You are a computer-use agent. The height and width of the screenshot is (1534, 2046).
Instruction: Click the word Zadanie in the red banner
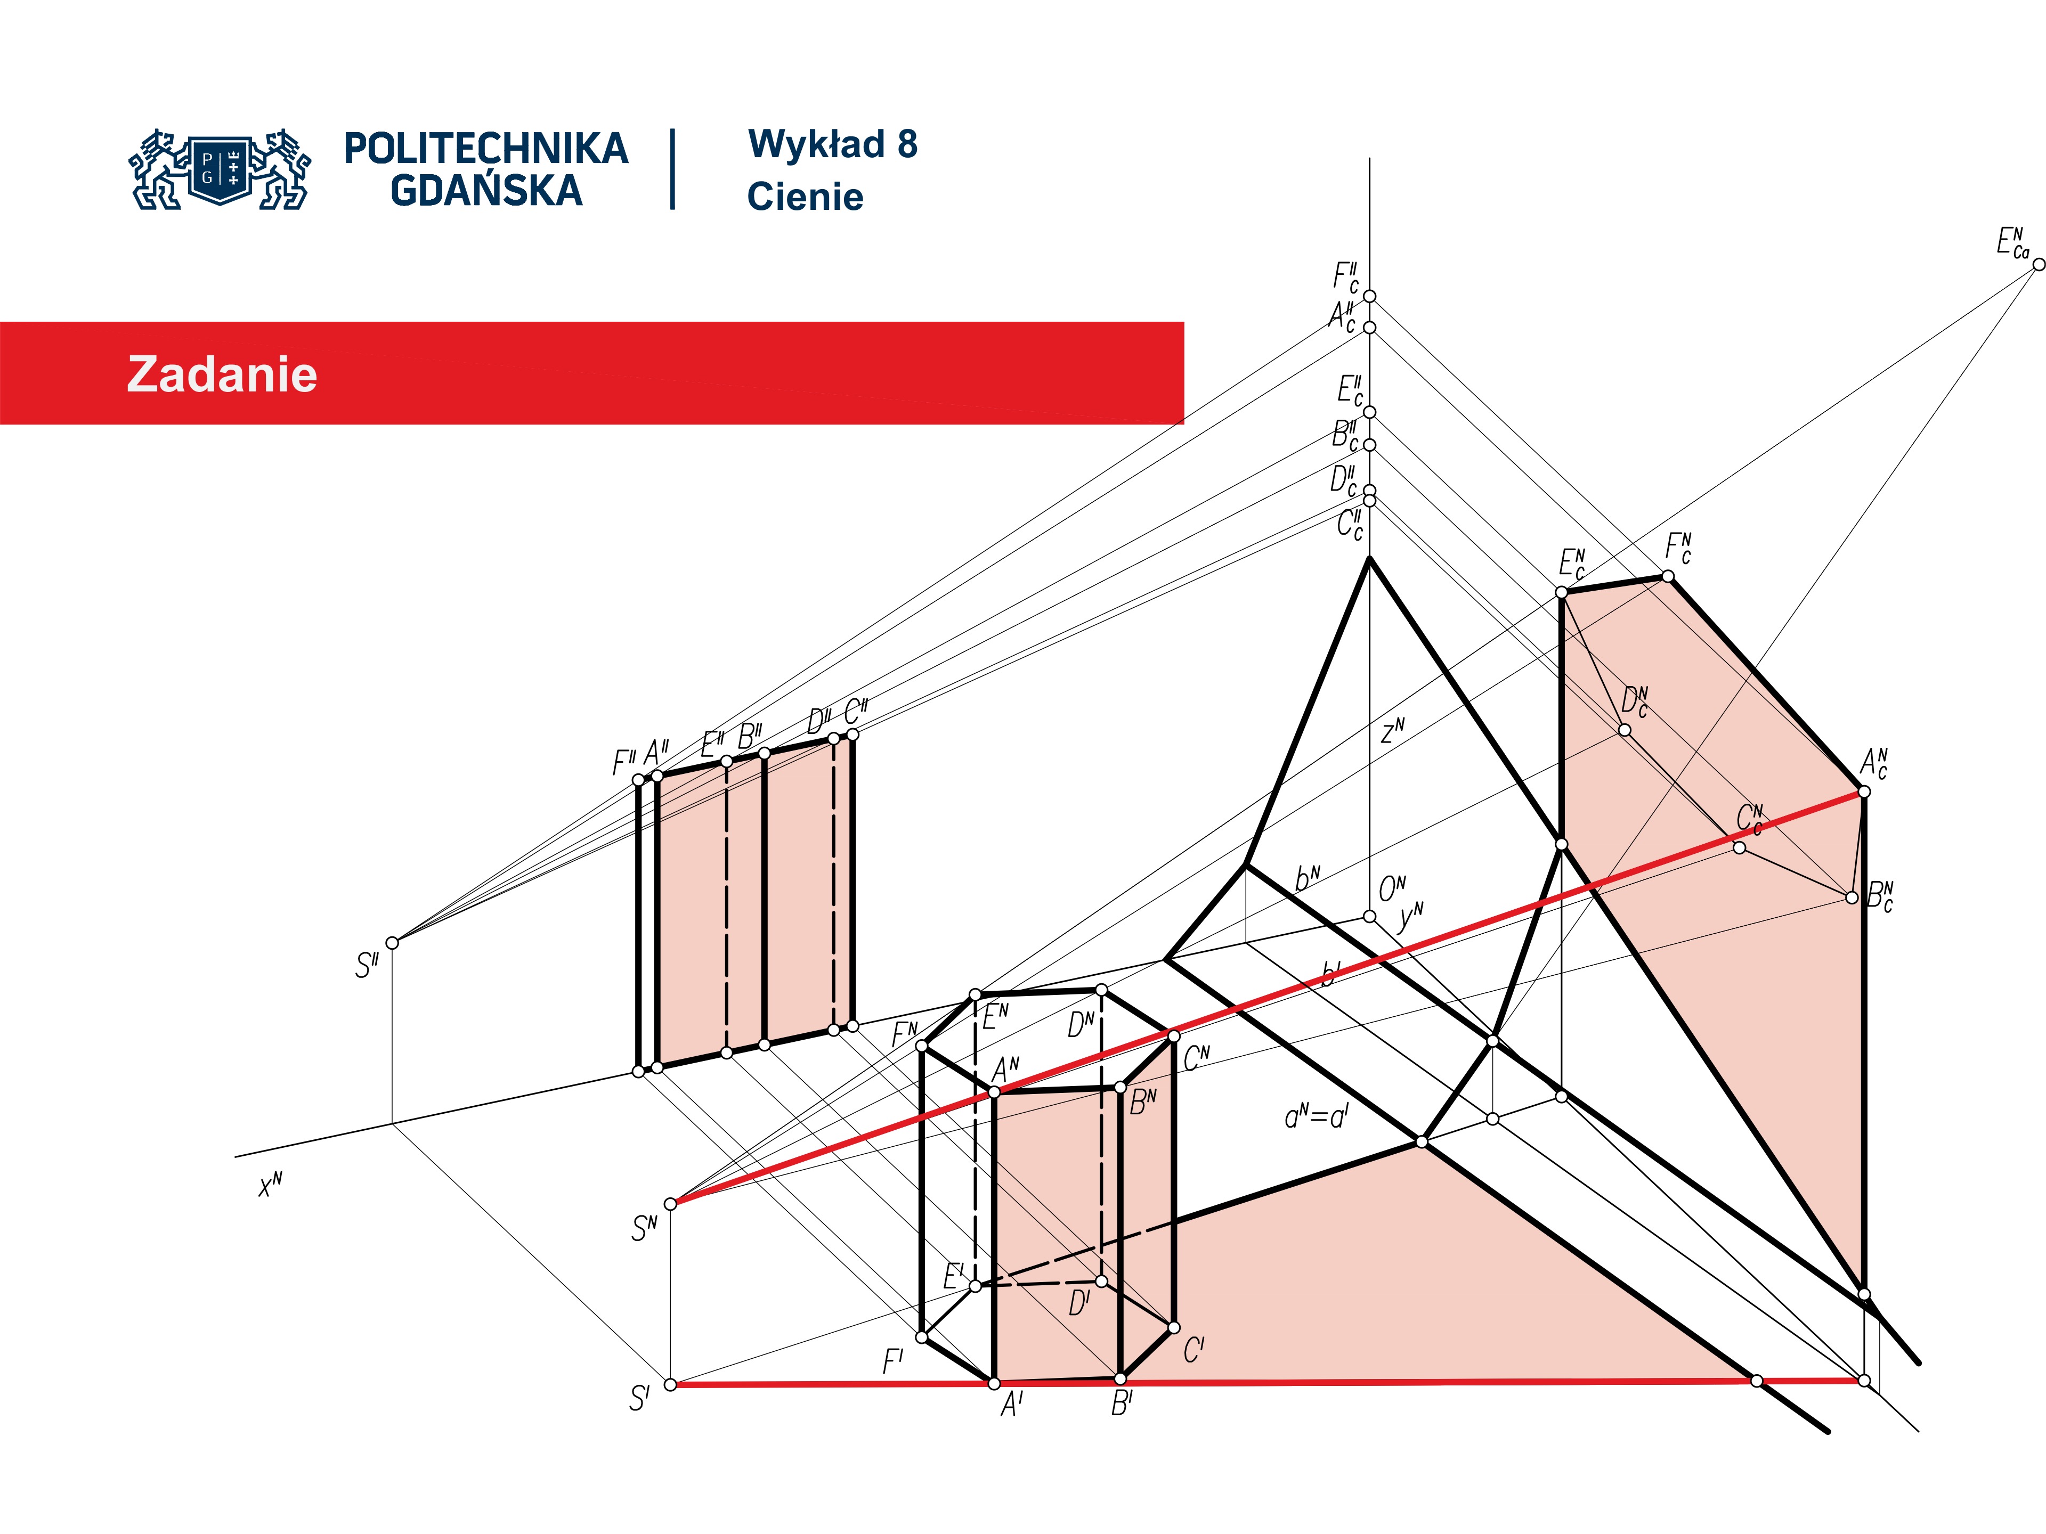[222, 374]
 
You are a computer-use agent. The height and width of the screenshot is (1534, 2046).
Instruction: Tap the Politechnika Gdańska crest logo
[220, 169]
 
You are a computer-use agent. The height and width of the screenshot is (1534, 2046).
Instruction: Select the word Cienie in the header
[805, 197]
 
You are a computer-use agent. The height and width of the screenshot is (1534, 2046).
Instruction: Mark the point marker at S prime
[671, 1384]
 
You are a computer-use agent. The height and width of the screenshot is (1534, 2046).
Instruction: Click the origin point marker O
[1369, 916]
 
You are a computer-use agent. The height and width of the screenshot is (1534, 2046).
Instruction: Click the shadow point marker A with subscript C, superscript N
[1864, 792]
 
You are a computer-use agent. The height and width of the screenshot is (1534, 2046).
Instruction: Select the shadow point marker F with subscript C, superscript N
[1668, 576]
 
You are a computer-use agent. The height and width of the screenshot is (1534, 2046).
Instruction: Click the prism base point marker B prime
[1120, 1378]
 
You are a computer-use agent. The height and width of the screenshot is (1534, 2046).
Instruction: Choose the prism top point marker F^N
[921, 1046]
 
